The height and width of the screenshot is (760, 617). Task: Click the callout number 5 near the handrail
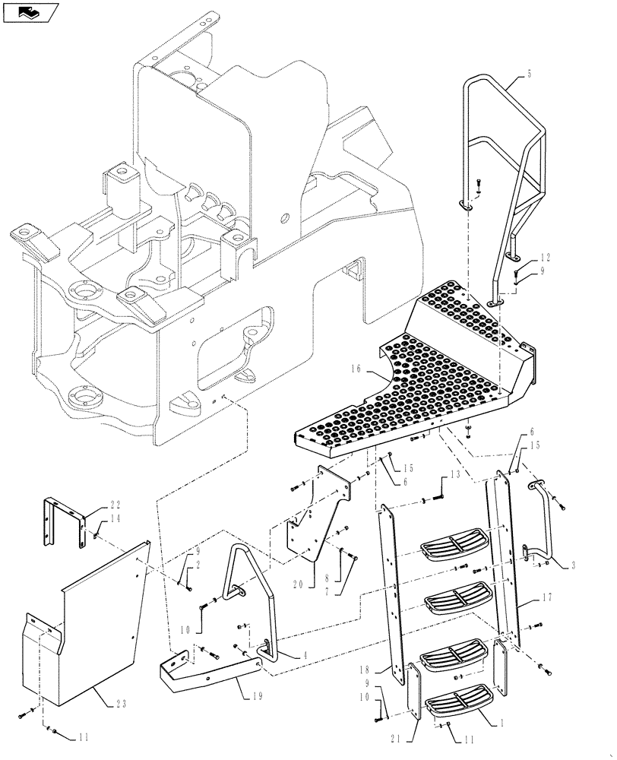[x=530, y=74]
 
